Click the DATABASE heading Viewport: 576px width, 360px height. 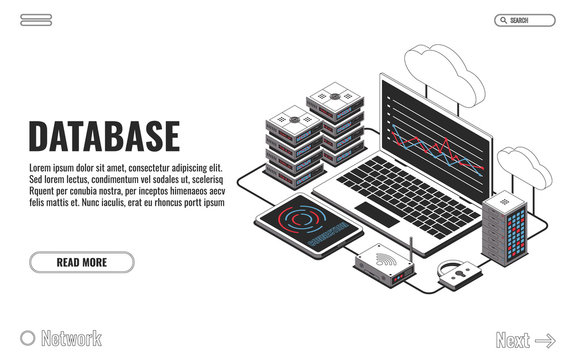[104, 136]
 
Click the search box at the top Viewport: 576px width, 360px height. [524, 20]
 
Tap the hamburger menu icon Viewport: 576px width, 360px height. [36, 20]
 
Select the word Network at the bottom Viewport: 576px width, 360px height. [71, 339]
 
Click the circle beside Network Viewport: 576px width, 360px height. [28, 339]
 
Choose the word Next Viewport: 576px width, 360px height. [512, 341]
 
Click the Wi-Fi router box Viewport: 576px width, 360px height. [382, 262]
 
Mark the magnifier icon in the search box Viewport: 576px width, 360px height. [502, 20]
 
